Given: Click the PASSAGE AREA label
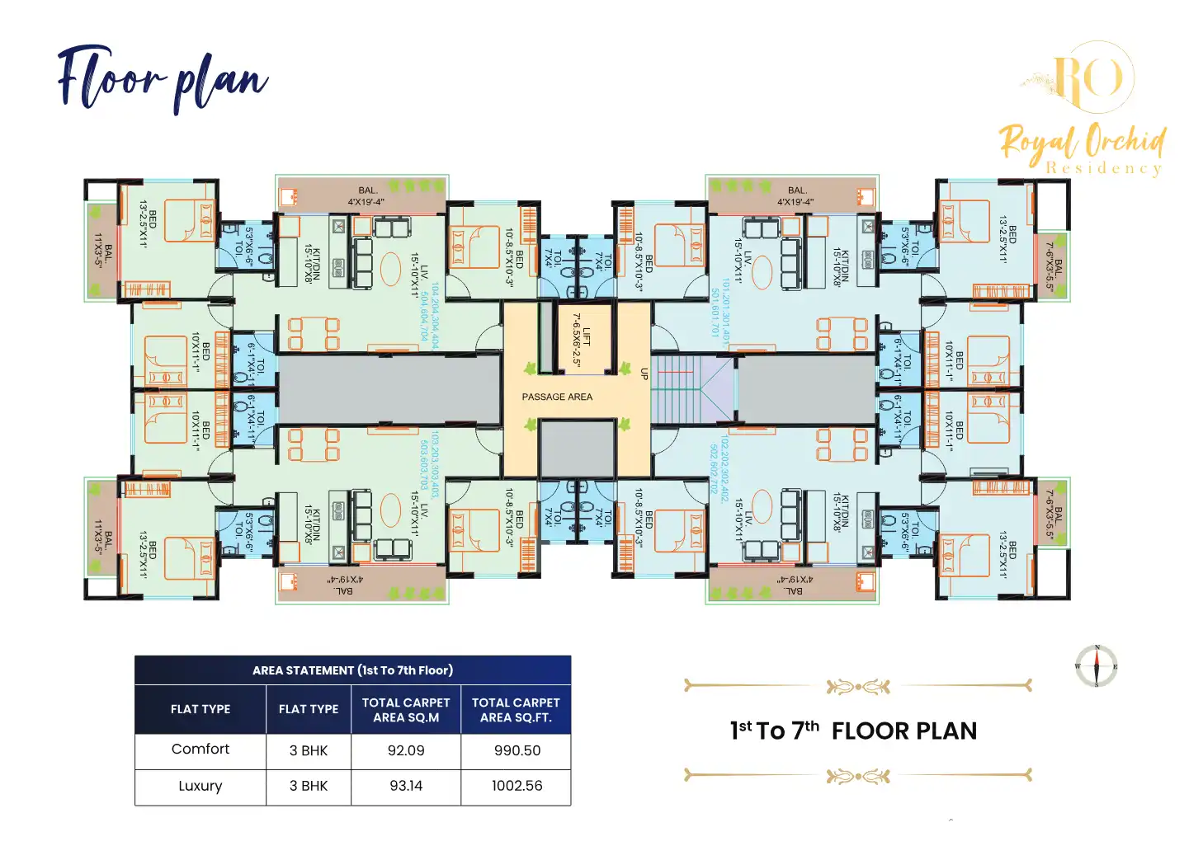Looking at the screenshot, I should [557, 397].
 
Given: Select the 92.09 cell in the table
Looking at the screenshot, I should [406, 751].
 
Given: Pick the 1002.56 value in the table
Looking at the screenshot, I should [517, 786].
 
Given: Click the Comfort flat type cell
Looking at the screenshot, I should [200, 750].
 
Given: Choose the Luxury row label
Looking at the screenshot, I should [200, 786].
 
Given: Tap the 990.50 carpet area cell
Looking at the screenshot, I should [517, 751].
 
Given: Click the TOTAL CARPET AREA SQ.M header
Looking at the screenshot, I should [406, 710].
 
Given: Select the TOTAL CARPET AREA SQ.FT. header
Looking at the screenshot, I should [516, 710].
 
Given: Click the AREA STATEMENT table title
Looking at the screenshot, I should [352, 670].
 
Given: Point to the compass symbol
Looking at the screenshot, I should [1097, 666].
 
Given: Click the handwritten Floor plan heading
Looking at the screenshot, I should [163, 80].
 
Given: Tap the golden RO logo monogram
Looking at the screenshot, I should [1090, 78].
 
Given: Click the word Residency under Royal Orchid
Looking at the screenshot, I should [1104, 168].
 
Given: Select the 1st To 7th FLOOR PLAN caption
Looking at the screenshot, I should [853, 731].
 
